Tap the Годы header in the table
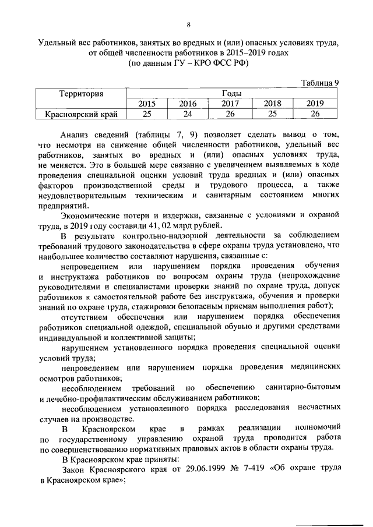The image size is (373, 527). (232, 93)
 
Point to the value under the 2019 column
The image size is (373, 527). (315, 114)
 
